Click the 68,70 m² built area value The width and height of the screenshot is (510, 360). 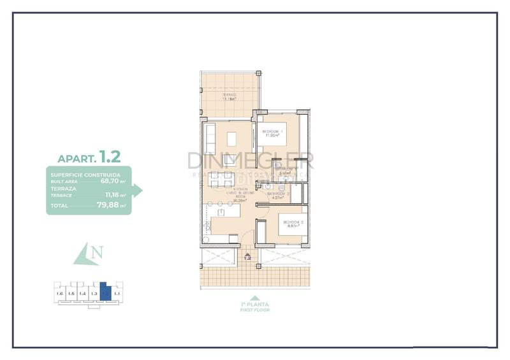[113, 181]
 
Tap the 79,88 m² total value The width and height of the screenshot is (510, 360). [113, 206]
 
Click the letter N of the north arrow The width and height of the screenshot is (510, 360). [96, 254]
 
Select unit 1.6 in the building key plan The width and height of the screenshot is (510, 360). [60, 293]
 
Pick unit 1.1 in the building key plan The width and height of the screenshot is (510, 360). [117, 293]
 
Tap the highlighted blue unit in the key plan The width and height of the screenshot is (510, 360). [106, 293]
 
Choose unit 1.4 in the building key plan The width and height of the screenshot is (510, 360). [82, 293]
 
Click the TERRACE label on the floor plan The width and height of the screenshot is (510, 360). [229, 96]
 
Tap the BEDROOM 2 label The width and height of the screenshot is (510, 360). [293, 223]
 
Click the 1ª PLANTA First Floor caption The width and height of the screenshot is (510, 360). [255, 306]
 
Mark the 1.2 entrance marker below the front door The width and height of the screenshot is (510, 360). [247, 257]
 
